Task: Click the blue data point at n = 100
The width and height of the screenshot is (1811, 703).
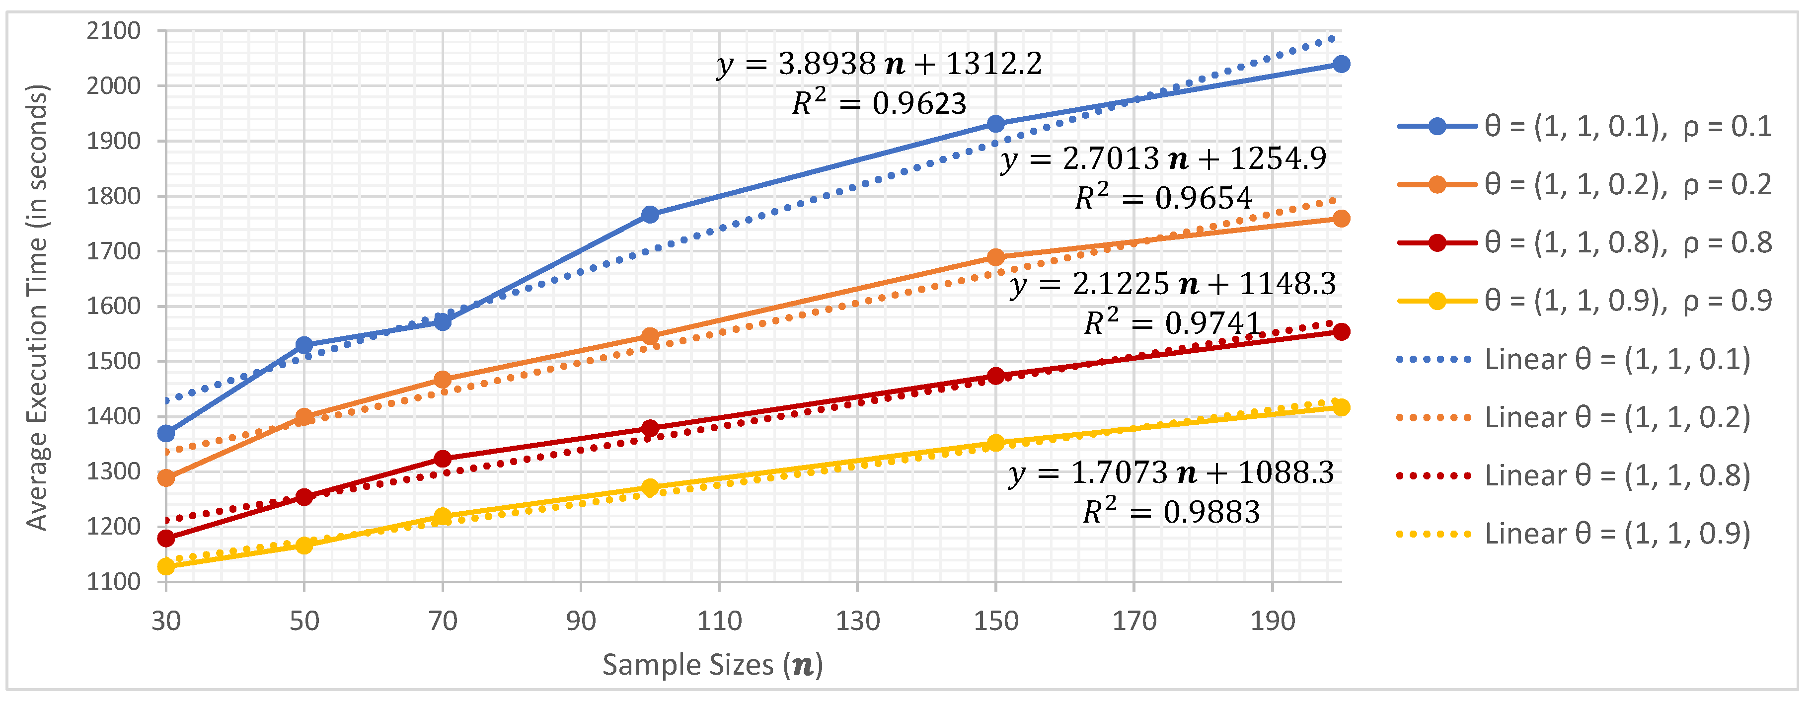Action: pyautogui.click(x=650, y=215)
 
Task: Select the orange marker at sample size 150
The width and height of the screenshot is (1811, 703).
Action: pyautogui.click(x=995, y=257)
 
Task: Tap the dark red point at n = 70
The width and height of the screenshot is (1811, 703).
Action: pyautogui.click(x=442, y=459)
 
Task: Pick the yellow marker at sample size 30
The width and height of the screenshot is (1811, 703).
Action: pyautogui.click(x=166, y=566)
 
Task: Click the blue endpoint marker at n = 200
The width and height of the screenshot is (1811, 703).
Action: pyautogui.click(x=1341, y=64)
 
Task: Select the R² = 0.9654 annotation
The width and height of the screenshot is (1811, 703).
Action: pyautogui.click(x=1163, y=198)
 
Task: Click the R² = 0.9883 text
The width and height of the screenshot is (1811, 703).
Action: pyautogui.click(x=1171, y=511)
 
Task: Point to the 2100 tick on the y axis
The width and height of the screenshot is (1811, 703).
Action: pyautogui.click(x=113, y=31)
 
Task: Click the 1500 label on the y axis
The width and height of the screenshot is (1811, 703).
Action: pyautogui.click(x=113, y=361)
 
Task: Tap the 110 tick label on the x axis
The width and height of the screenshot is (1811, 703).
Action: pyautogui.click(x=719, y=621)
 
